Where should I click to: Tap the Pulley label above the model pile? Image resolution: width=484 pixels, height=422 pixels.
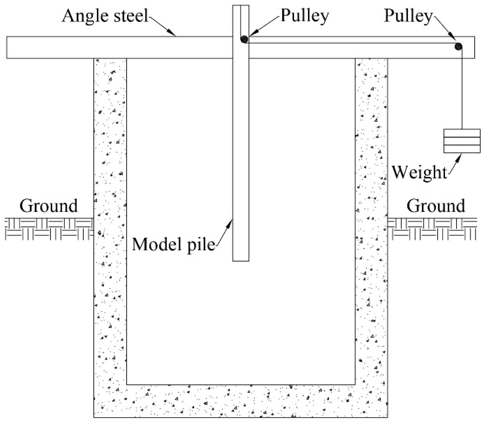(304, 15)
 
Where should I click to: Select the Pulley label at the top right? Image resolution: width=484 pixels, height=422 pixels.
(408, 15)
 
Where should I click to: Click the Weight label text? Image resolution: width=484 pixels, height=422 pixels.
(419, 172)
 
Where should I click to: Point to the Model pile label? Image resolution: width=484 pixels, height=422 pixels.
(173, 245)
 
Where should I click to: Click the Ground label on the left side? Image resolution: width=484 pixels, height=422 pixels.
(49, 206)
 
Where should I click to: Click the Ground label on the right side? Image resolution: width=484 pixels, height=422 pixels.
(435, 206)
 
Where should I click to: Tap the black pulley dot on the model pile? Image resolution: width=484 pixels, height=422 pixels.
(244, 39)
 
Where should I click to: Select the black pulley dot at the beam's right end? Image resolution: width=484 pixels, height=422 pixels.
(458, 46)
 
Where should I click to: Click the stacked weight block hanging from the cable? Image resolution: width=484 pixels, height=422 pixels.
(462, 141)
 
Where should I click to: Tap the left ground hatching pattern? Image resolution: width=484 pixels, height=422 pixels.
(49, 229)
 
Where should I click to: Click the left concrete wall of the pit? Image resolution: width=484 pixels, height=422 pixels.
(110, 215)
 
